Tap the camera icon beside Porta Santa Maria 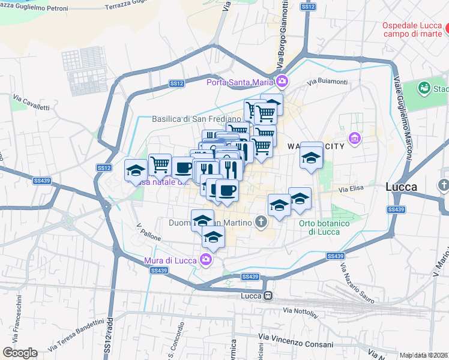click(282, 82)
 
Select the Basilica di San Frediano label click(188, 119)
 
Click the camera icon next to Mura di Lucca click(205, 260)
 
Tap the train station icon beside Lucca click(268, 295)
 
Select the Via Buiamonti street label click(327, 82)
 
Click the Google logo click(20, 353)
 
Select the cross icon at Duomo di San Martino click(261, 223)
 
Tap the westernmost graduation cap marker click(136, 170)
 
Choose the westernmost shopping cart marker click(160, 164)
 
